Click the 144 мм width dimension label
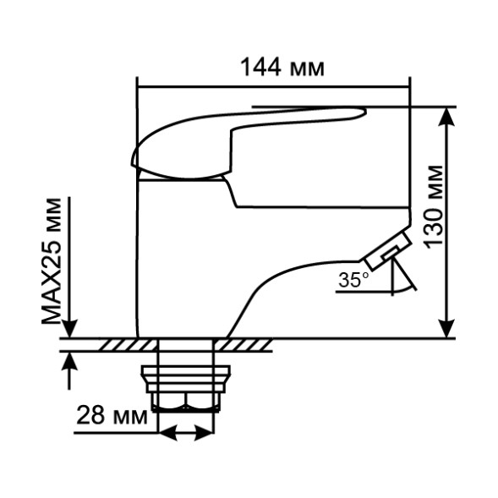(282, 68)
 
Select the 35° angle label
(353, 281)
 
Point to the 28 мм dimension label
(111, 415)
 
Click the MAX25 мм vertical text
(53, 263)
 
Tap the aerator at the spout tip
(386, 251)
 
